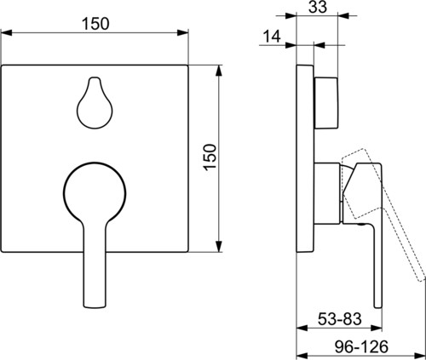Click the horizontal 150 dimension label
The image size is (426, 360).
(x=95, y=24)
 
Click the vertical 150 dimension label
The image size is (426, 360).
(x=210, y=157)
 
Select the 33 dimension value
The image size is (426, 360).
(x=318, y=7)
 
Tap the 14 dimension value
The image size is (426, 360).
(x=272, y=36)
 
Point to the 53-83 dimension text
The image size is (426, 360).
(x=339, y=319)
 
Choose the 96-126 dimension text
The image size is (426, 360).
(x=361, y=346)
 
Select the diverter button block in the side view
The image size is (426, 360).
(x=326, y=103)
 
